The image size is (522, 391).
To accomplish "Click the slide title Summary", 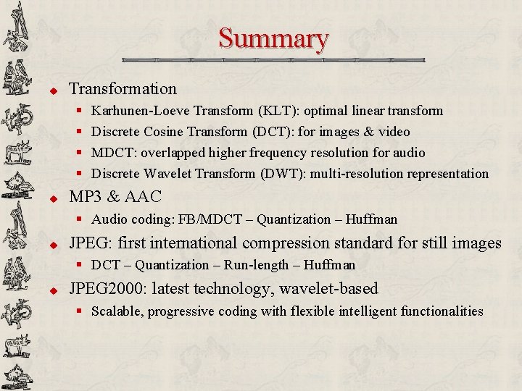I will pyautogui.click(x=273, y=38).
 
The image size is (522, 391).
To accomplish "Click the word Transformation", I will pyautogui.click(x=123, y=89).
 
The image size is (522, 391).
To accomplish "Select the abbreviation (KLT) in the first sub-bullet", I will pyautogui.click(x=278, y=111).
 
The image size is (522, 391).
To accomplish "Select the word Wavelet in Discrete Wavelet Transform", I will pyautogui.click(x=171, y=174).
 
